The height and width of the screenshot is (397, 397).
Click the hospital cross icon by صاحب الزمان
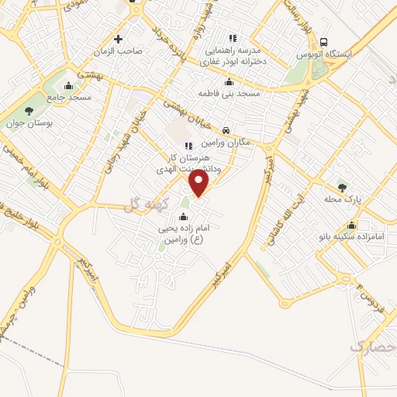pos(118,39)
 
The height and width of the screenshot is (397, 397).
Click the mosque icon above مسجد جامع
pos(70,86)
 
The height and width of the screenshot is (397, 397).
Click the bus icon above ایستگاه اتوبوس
pos(323,43)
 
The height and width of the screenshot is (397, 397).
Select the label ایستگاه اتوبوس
pos(325,55)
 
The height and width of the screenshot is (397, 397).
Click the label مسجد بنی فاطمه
pos(229,93)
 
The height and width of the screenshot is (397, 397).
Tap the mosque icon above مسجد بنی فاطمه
pos(228,82)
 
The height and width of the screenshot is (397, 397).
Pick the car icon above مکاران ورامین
pos(226,131)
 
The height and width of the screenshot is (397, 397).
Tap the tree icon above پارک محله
pos(342,187)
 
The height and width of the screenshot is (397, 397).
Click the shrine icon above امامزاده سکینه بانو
pos(353,226)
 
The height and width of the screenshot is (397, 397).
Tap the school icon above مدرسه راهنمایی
pos(232,37)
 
